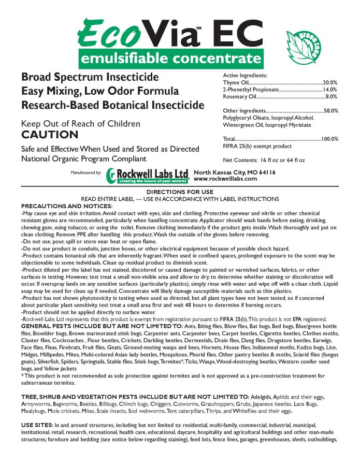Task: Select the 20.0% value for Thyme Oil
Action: (x=330, y=82)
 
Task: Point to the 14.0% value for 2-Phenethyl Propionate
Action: (x=330, y=90)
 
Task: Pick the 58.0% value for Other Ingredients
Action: (x=330, y=111)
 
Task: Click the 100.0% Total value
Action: (x=329, y=139)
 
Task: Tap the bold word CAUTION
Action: (x=50, y=135)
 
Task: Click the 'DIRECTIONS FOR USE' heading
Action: (x=180, y=192)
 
